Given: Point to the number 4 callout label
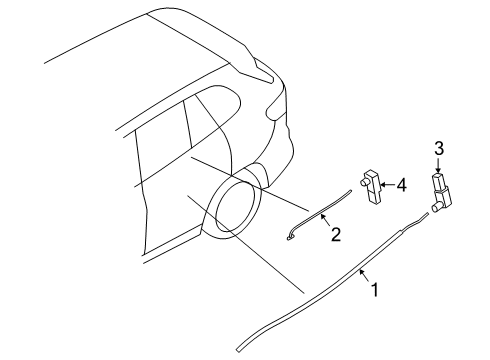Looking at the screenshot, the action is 400,184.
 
